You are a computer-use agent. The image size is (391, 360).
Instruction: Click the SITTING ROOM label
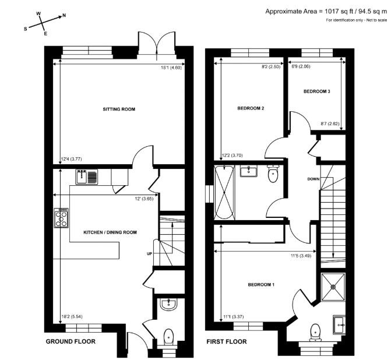pyautogui.click(x=119, y=109)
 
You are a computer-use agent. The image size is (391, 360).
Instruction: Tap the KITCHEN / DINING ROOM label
pyautogui.click(x=110, y=232)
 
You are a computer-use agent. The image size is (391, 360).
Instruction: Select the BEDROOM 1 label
pyautogui.click(x=261, y=284)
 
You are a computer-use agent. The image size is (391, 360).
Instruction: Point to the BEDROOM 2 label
pyautogui.click(x=251, y=108)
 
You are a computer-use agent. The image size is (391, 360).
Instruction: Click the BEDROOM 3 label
pyautogui.click(x=316, y=91)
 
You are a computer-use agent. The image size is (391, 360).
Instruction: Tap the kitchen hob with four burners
pyautogui.click(x=61, y=218)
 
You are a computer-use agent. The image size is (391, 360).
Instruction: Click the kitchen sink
pyautogui.click(x=87, y=177)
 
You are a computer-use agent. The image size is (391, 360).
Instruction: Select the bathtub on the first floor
pyautogui.click(x=224, y=192)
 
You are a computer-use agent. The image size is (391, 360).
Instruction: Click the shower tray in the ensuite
pyautogui.click(x=333, y=287)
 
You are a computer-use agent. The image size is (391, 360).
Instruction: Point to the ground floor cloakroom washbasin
pyautogui.click(x=169, y=305)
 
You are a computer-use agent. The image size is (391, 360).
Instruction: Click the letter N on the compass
pyautogui.click(x=64, y=16)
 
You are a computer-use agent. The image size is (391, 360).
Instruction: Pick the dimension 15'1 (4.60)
pyautogui.click(x=171, y=68)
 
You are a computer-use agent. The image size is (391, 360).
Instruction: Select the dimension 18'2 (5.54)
pyautogui.click(x=72, y=317)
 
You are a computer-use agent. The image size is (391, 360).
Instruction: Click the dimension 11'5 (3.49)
pyautogui.click(x=301, y=256)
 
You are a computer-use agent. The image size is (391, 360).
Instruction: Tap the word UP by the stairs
pyautogui.click(x=149, y=254)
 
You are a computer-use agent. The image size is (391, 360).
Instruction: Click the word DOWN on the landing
pyautogui.click(x=313, y=179)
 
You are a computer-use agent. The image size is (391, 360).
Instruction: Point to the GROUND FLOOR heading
pyautogui.click(x=71, y=341)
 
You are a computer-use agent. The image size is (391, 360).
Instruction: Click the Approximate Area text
pyautogui.click(x=326, y=12)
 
